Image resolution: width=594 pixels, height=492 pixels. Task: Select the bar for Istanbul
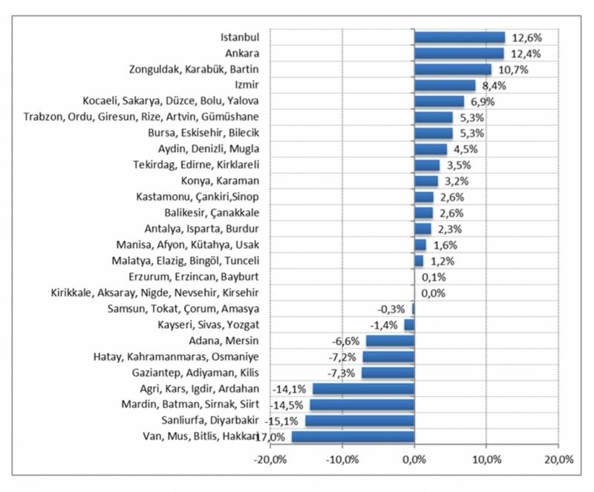pyautogui.click(x=459, y=37)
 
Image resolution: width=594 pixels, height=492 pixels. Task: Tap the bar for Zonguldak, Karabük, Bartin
pyautogui.click(x=452, y=69)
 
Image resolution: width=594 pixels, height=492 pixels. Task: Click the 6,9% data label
pyautogui.click(x=481, y=101)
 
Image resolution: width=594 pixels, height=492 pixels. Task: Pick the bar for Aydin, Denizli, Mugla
pyautogui.click(x=430, y=149)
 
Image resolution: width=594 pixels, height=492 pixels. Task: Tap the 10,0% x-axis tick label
pyautogui.click(x=486, y=460)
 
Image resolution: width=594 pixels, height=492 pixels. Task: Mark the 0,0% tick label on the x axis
pyautogui.click(x=414, y=460)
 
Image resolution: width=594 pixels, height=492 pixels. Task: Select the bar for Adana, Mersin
pyautogui.click(x=390, y=341)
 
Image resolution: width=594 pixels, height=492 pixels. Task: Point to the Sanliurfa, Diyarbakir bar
pyautogui.click(x=359, y=421)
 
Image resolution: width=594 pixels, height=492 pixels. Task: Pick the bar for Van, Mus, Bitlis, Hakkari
pyautogui.click(x=353, y=436)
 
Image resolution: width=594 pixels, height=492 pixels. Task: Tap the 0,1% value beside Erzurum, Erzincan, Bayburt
pyautogui.click(x=432, y=277)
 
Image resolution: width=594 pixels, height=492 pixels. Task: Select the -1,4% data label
pyautogui.click(x=385, y=325)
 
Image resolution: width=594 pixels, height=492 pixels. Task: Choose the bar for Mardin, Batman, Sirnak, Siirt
pyautogui.click(x=362, y=405)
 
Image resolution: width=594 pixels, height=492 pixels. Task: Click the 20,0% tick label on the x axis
pyautogui.click(x=558, y=460)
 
